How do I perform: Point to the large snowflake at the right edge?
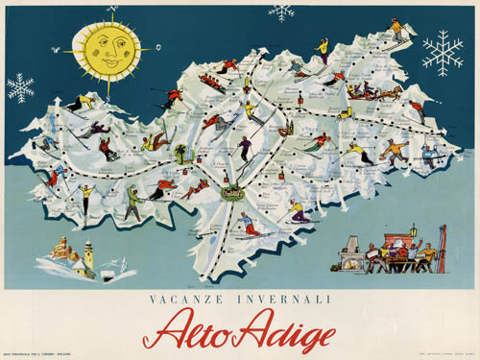point(442,53)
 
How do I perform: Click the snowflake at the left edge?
point(20,87)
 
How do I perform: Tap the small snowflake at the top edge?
point(281,12)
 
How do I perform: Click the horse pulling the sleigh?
point(390,92)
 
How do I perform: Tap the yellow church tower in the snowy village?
point(87,253)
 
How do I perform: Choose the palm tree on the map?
point(180,153)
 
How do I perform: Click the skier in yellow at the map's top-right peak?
point(396,26)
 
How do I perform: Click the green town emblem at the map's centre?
point(231,193)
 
